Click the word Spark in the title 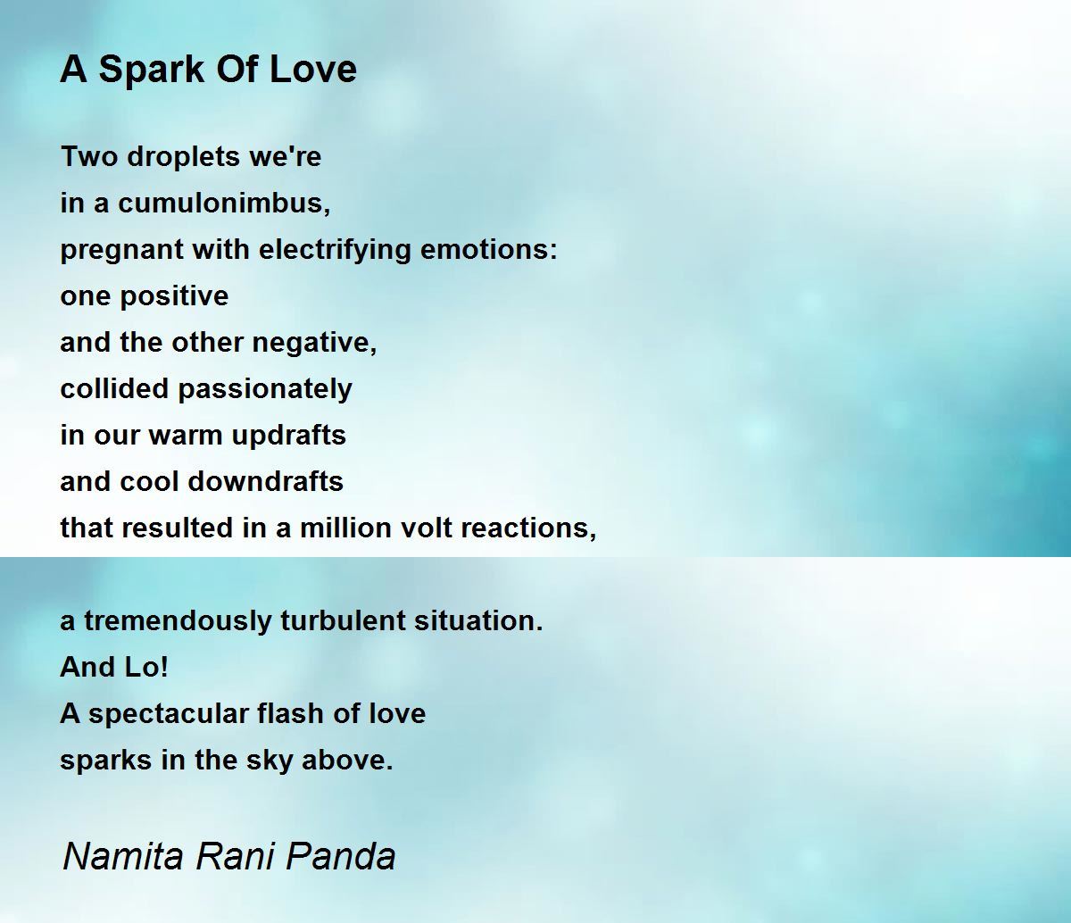(151, 70)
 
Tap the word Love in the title (313, 69)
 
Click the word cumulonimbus (224, 202)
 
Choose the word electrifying (334, 251)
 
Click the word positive (175, 297)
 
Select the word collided (114, 388)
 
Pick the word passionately (265, 390)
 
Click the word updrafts (288, 437)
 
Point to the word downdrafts (265, 481)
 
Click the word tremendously (178, 622)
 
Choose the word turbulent (343, 621)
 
